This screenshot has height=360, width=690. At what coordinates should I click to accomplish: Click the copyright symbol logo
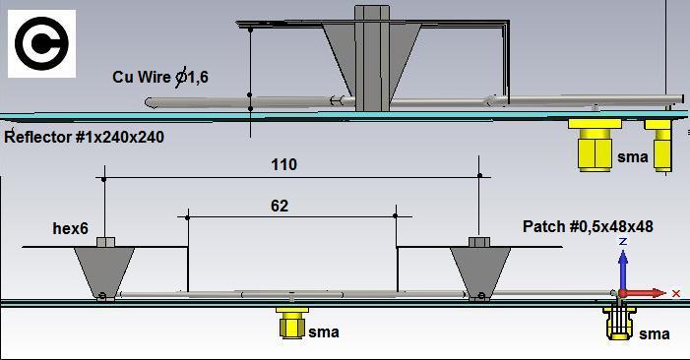41,43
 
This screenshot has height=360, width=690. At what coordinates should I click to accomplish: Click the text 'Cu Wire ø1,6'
160,78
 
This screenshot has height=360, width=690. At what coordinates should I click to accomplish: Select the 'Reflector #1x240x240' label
84,137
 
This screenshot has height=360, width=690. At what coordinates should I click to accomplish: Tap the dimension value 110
283,165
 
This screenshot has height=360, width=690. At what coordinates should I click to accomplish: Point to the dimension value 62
280,206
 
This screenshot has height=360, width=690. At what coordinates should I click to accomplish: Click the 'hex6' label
71,228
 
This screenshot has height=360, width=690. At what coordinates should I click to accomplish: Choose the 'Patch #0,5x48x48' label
588,226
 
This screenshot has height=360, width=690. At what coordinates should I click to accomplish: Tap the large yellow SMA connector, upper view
595,145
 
